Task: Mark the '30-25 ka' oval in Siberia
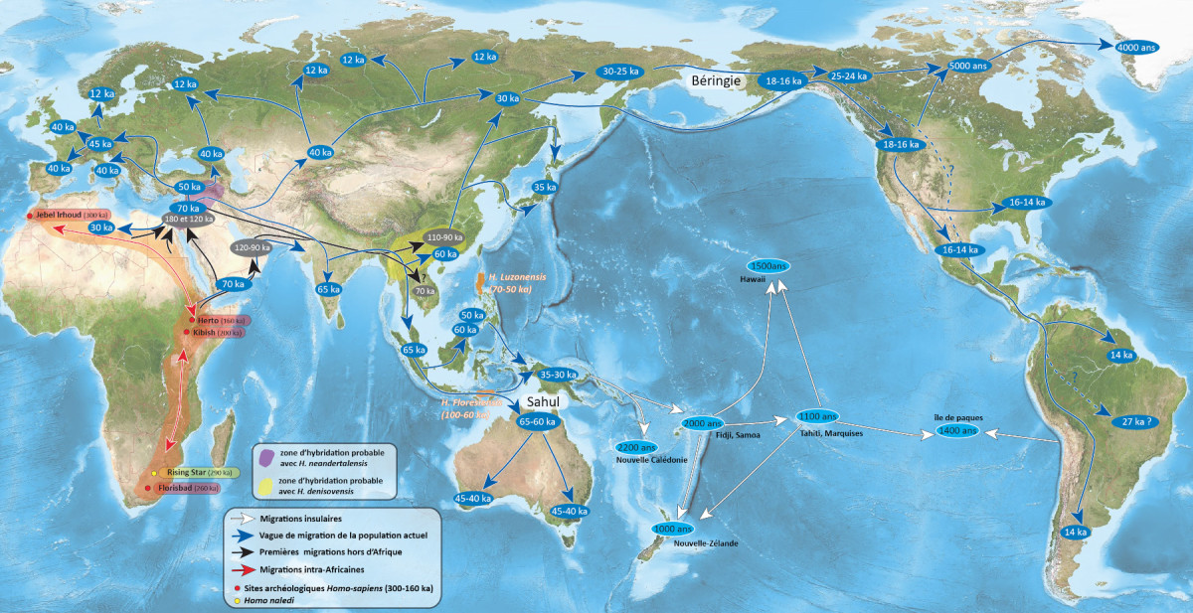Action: (620, 72)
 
